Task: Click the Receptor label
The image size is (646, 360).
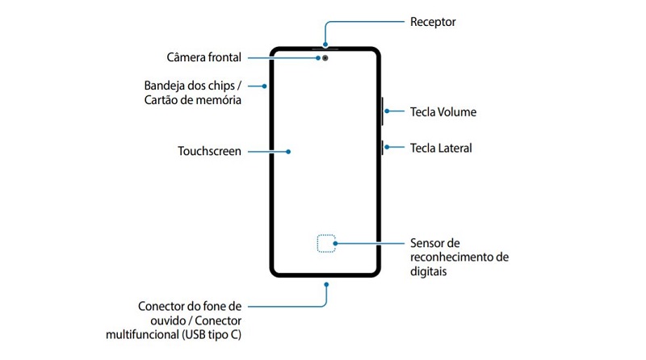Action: click(x=433, y=22)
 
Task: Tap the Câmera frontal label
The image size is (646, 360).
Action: click(x=203, y=57)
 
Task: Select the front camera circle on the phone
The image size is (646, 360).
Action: click(x=325, y=58)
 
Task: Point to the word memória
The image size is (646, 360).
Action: click(x=218, y=100)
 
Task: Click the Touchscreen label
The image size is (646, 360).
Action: click(x=209, y=151)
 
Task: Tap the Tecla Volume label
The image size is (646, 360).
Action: click(x=443, y=112)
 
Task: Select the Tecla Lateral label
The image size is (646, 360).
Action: click(x=441, y=148)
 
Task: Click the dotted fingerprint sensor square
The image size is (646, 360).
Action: click(x=325, y=243)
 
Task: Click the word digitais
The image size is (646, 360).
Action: click(x=429, y=272)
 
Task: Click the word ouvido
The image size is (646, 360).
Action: click(x=157, y=320)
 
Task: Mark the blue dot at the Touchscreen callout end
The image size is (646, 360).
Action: click(x=289, y=151)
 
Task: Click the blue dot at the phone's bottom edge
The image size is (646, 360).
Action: click(x=325, y=283)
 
